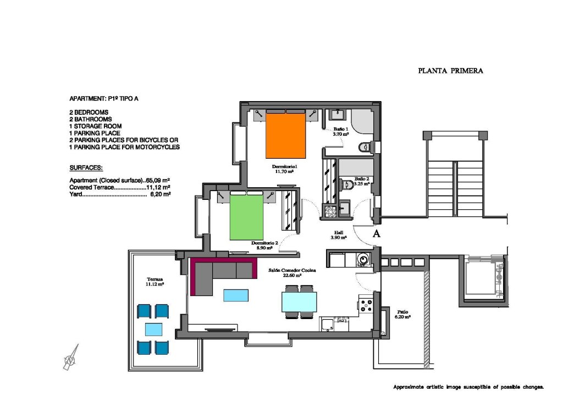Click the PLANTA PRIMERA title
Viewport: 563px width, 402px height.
point(450,71)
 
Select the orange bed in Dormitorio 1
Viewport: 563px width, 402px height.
point(285,135)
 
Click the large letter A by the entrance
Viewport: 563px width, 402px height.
point(377,233)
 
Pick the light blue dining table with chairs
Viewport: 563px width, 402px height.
point(299,302)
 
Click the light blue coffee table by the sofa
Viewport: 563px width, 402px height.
point(236,295)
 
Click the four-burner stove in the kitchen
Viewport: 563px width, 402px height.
point(366,305)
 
